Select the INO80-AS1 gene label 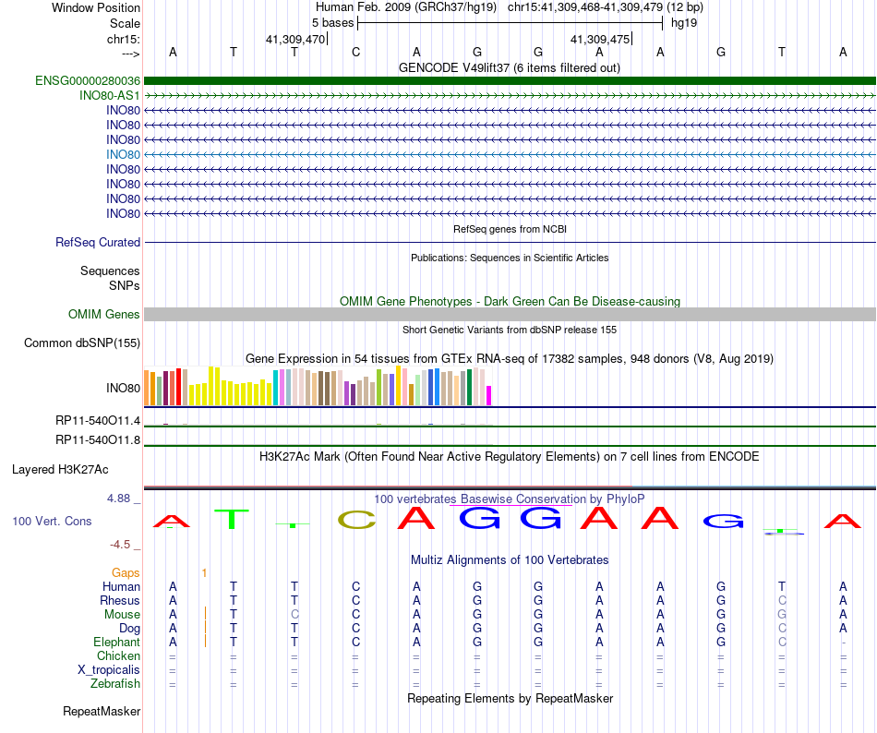[110, 95]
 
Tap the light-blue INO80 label [123, 154]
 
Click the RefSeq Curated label [98, 242]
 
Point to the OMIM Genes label [104, 315]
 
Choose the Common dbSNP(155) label [82, 343]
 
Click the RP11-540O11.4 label [98, 421]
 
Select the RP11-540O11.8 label [98, 439]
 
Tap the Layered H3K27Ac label [74, 469]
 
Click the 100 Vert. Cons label [52, 522]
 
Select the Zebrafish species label [115, 683]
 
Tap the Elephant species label [116, 642]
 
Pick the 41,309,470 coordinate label [295, 39]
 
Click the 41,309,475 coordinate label [601, 39]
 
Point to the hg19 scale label [684, 22]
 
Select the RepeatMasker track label [102, 712]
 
